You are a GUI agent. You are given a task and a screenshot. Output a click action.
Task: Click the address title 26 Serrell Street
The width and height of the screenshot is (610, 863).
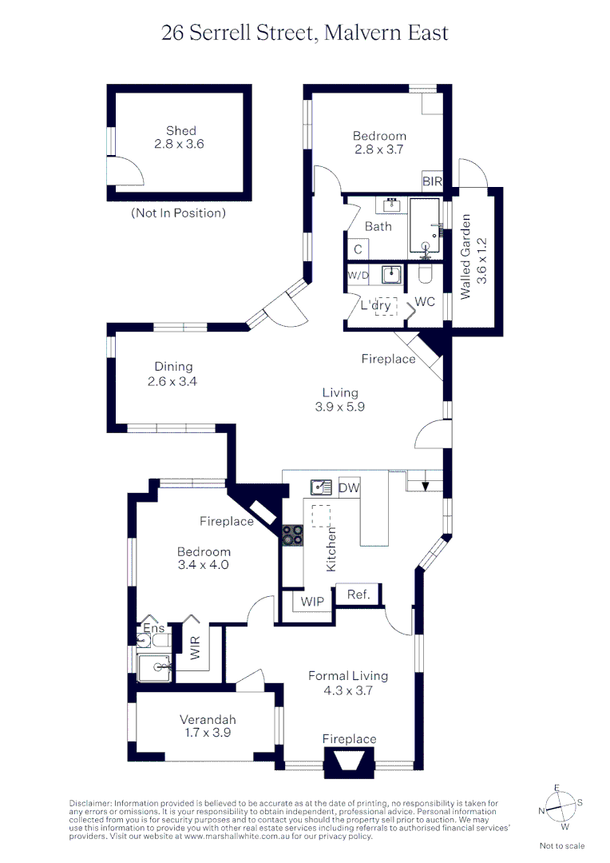click(x=304, y=33)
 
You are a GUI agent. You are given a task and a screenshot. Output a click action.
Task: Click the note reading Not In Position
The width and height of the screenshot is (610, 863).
click(x=178, y=213)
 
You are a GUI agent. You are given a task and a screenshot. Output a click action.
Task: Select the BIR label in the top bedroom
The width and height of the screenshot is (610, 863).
click(x=432, y=182)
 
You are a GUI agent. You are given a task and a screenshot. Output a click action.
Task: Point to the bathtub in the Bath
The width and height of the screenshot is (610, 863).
click(x=425, y=226)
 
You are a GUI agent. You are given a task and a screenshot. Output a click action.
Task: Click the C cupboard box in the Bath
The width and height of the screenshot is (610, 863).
click(x=358, y=249)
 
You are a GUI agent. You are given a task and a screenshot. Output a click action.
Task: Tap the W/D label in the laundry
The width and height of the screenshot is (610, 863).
click(x=358, y=276)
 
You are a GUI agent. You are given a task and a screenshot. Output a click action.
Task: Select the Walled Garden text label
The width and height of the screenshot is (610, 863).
click(x=473, y=257)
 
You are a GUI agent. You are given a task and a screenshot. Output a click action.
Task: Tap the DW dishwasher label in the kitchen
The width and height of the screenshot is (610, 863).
click(x=348, y=487)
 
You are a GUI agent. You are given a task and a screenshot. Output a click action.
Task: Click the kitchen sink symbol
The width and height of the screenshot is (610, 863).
click(x=322, y=487)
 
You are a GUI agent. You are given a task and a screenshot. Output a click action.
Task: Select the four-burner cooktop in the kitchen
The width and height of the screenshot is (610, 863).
click(x=291, y=534)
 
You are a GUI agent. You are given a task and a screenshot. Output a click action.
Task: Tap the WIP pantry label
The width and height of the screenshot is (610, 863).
click(x=311, y=601)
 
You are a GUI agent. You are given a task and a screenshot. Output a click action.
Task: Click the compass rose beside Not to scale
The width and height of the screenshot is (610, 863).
click(x=561, y=807)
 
